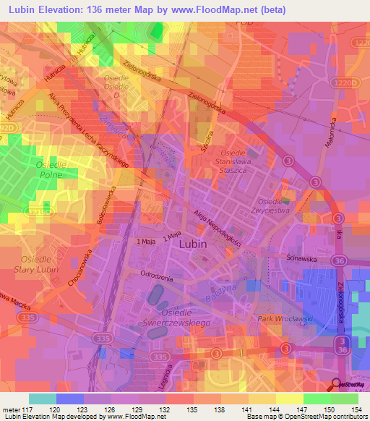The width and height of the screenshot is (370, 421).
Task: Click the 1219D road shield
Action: coord(38,213)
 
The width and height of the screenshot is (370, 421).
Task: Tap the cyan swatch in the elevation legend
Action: coord(42,399)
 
